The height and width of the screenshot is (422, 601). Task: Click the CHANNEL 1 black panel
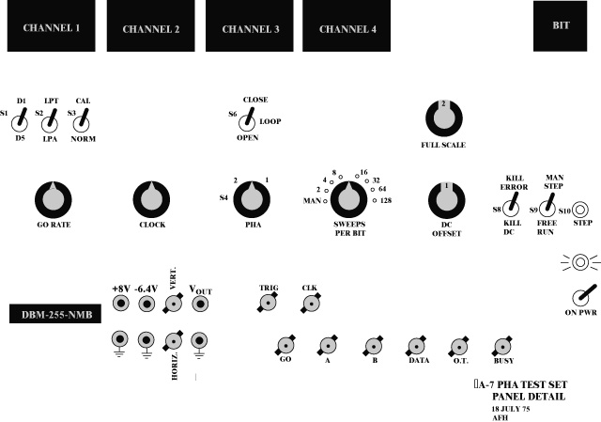pos(51,26)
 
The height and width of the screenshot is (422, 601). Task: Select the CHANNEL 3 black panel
pos(251,26)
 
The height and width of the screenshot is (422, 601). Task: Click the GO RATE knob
pos(54,199)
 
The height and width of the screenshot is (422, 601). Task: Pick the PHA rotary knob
pos(250,198)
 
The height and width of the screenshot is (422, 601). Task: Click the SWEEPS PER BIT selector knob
pos(349,197)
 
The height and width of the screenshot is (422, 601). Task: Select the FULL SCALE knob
pos(443,117)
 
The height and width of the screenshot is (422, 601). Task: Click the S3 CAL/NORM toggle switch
pos(83,119)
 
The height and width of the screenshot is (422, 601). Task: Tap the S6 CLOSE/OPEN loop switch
pos(247,119)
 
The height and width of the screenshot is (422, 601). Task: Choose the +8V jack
pos(120,303)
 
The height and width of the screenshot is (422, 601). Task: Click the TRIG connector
pos(269,303)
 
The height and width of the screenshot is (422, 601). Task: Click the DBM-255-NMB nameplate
pos(54,314)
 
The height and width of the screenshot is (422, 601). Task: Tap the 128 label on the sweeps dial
pos(386,199)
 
